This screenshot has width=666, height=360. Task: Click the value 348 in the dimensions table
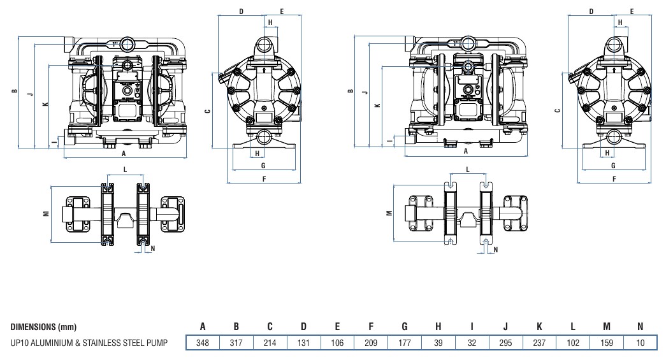[202, 343]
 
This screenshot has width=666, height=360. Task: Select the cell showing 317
[236, 343]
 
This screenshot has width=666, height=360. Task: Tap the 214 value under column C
[270, 343]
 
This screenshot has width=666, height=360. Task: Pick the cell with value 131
[303, 343]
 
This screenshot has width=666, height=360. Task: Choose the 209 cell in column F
[371, 343]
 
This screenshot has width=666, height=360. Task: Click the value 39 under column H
[438, 343]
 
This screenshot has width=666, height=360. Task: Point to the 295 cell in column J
[505, 343]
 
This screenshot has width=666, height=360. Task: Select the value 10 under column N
[641, 343]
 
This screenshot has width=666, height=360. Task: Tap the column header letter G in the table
[405, 327]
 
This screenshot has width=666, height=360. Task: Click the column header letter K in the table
[539, 327]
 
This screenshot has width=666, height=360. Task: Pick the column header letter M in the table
[607, 327]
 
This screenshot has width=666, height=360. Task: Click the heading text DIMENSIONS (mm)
[44, 328]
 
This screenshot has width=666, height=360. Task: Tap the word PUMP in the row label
[156, 343]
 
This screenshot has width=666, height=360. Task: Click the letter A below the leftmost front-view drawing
[124, 154]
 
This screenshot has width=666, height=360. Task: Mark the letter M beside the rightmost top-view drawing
[389, 214]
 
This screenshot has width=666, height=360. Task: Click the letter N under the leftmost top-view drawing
[153, 249]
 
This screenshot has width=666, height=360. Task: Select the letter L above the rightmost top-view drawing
[468, 169]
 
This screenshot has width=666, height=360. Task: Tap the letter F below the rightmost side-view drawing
[614, 179]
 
